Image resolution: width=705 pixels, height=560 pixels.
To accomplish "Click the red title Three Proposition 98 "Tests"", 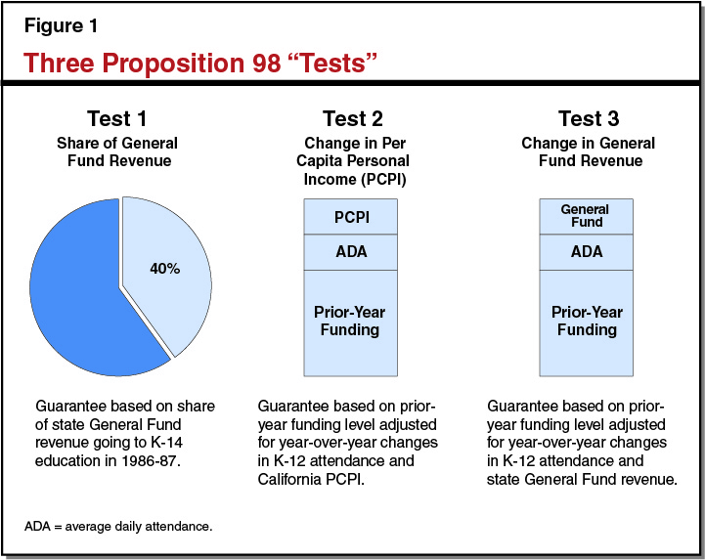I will pyautogui.click(x=200, y=63).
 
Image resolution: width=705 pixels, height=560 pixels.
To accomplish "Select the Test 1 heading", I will pyautogui.click(x=115, y=119).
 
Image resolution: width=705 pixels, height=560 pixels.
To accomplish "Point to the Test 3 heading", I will pyautogui.click(x=588, y=119).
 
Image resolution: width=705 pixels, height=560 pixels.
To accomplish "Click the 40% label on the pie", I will pyautogui.click(x=165, y=268).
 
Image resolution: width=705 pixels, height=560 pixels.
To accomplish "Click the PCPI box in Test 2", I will pyautogui.click(x=351, y=216).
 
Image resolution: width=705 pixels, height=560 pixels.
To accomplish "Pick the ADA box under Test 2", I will pyautogui.click(x=351, y=252).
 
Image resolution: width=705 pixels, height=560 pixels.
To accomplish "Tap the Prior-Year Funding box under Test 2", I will pyautogui.click(x=351, y=322).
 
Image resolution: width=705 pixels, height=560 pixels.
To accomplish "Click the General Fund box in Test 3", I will pyautogui.click(x=585, y=216).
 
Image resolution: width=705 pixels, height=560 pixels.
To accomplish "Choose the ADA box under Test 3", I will pyautogui.click(x=585, y=252).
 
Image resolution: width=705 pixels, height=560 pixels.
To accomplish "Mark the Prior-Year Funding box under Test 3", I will pyautogui.click(x=585, y=322).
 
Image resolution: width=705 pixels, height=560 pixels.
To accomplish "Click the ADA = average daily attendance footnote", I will pyautogui.click(x=118, y=527).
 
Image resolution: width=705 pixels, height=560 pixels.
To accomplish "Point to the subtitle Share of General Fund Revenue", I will pyautogui.click(x=115, y=151).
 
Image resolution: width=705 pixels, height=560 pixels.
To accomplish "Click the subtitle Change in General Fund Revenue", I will pyautogui.click(x=588, y=151).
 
